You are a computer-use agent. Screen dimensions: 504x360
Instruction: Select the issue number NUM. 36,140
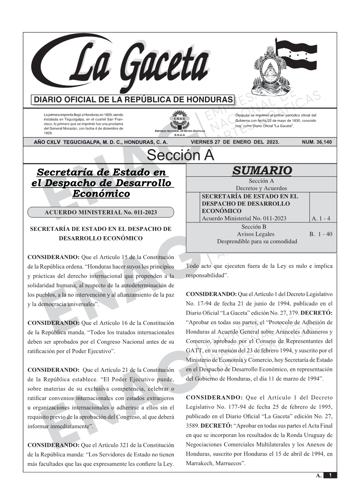[317, 142]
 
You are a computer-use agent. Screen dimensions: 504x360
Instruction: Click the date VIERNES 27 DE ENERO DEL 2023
[235, 142]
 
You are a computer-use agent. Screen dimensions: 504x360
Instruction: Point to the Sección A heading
[180, 155]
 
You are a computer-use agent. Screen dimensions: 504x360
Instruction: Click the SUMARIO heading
[262, 171]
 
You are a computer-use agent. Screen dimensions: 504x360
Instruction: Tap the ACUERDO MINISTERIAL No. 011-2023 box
[101, 213]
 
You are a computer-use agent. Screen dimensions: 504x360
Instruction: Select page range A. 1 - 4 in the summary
[321, 219]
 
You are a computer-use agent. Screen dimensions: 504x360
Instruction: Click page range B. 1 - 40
[320, 234]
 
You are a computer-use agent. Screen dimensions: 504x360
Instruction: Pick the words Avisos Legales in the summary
[255, 234]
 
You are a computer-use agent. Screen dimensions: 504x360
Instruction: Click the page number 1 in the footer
[330, 475]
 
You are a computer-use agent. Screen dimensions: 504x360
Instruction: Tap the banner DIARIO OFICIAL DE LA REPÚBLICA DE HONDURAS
[133, 100]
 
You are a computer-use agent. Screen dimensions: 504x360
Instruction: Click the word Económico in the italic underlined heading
[101, 194]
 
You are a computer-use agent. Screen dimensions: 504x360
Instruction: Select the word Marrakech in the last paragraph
[200, 463]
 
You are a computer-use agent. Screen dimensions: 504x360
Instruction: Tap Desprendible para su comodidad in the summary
[257, 242]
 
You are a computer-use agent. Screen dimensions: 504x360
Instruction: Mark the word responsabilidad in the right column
[206, 276]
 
